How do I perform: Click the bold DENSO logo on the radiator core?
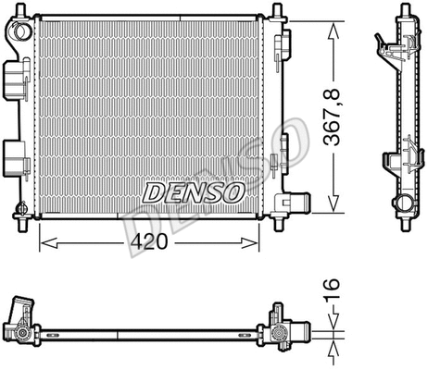192,191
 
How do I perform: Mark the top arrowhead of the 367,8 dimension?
333,21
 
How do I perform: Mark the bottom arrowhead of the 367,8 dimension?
333,208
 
